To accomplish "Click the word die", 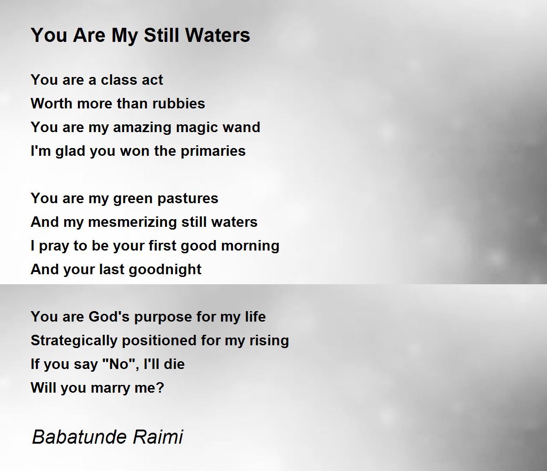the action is (x=174, y=363).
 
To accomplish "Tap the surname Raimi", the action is (x=158, y=437).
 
